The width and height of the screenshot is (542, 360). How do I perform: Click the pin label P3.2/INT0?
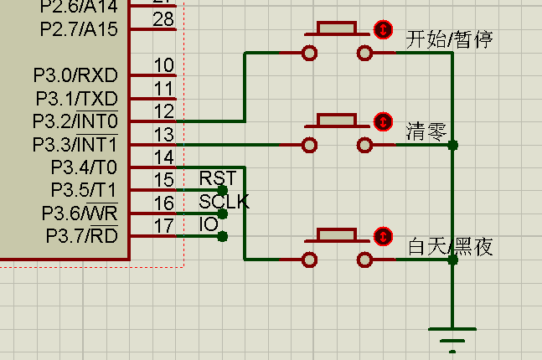click(75, 121)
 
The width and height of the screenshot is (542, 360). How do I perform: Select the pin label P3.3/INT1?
click(75, 144)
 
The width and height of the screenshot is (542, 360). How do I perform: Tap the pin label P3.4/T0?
click(83, 167)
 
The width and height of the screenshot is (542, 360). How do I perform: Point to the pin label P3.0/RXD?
click(76, 76)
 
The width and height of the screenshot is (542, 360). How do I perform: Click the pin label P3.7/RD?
click(81, 236)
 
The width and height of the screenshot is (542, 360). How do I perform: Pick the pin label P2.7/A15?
click(79, 29)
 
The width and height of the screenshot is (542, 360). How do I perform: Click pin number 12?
click(164, 111)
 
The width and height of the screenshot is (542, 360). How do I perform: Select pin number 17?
click(164, 225)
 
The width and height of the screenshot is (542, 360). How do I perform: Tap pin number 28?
click(164, 19)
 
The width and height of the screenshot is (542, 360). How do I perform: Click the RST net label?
click(217, 178)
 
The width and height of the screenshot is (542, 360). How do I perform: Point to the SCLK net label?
click(224, 202)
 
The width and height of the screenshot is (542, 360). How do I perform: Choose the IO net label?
click(209, 224)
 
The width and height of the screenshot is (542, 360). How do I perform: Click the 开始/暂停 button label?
click(448, 40)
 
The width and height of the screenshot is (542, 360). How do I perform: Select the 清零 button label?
click(426, 131)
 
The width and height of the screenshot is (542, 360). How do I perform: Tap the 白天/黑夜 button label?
click(450, 247)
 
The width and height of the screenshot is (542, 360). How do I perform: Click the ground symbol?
click(452, 339)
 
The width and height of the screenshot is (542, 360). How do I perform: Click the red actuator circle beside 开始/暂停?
click(383, 29)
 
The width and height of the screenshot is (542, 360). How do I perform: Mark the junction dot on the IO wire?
click(222, 237)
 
